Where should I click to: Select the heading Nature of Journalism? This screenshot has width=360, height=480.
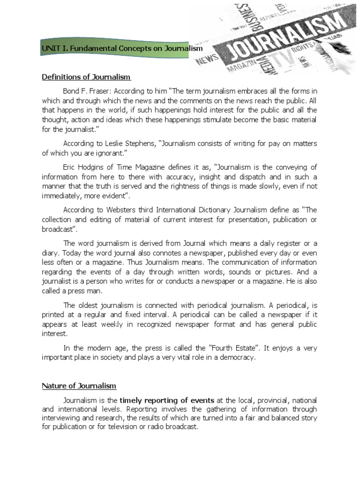coord(79,386)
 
